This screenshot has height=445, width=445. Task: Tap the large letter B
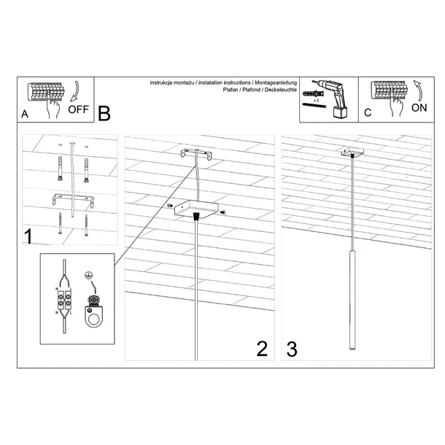(x=104, y=114)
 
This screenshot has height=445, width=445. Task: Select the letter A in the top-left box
(x=26, y=115)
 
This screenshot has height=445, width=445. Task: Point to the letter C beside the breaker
(x=368, y=114)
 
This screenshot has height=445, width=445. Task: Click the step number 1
(x=28, y=236)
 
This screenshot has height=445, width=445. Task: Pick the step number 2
(x=263, y=349)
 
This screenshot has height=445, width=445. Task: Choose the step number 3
(x=292, y=349)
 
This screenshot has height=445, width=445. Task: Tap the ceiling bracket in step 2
(x=196, y=155)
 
